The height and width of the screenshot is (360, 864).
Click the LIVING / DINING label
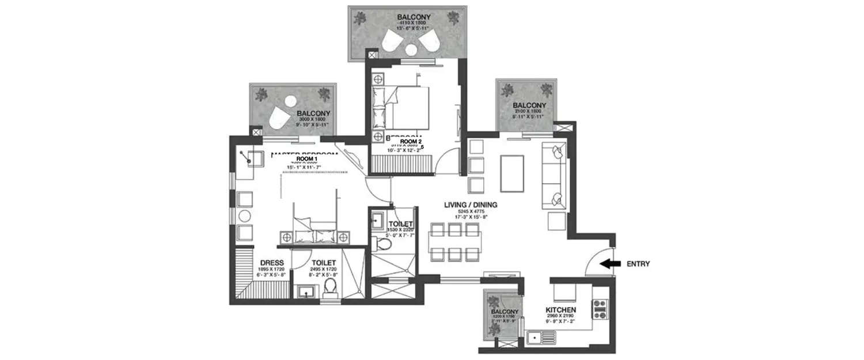pos(471,204)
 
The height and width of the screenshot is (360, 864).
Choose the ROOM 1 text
pos(307,158)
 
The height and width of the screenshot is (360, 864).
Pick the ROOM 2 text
pos(411,141)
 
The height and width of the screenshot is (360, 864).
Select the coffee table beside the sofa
pos(511,173)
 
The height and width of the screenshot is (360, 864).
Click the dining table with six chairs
pos(454,242)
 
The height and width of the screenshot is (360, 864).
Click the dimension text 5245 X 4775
pos(471,211)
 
